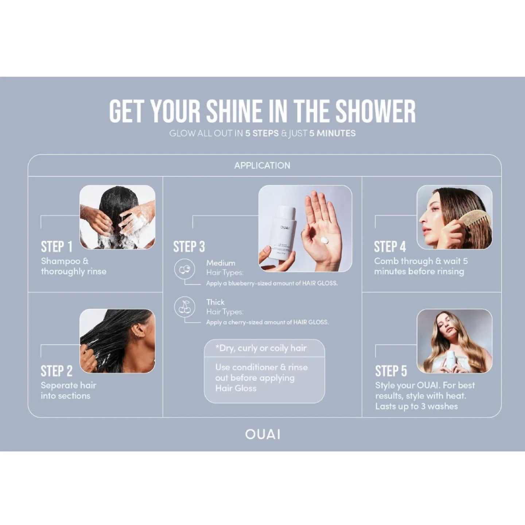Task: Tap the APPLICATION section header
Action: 262,166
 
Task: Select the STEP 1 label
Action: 57,247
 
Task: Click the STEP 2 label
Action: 57,371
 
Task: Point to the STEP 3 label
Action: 189,247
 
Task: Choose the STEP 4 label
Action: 390,247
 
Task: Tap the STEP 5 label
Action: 391,371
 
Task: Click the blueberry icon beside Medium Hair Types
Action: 184,269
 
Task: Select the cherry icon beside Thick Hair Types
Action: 184,307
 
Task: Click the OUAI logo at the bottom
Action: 262,434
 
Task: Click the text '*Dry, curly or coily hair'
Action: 261,348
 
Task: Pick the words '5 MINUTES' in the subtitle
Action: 332,133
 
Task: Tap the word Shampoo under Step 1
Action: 61,261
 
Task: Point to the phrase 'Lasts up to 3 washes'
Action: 416,406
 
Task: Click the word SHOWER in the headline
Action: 375,111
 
